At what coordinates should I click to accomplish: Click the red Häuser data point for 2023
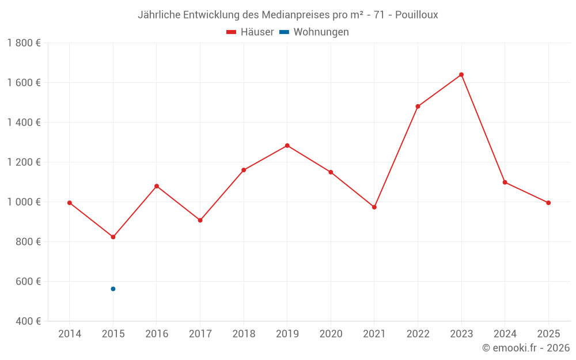(461, 74)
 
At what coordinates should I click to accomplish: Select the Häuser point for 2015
(113, 237)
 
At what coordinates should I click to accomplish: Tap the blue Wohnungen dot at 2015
(113, 289)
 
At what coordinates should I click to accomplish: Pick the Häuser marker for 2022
(418, 107)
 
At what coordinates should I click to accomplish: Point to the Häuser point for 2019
(287, 146)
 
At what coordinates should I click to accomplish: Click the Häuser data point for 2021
(374, 207)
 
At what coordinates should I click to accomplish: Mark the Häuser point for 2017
(200, 220)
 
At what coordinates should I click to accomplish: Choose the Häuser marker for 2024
(505, 183)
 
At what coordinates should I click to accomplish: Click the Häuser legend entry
(250, 32)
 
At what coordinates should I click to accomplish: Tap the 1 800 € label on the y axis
(24, 43)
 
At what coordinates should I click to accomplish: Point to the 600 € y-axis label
(29, 282)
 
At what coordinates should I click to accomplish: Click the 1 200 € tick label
(24, 162)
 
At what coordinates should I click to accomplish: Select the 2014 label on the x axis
(70, 334)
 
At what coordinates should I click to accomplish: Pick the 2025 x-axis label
(548, 334)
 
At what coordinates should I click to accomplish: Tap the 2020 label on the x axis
(331, 334)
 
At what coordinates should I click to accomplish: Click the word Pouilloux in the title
(416, 15)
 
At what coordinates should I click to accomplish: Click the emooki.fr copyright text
(526, 348)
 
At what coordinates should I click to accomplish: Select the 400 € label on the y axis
(29, 321)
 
